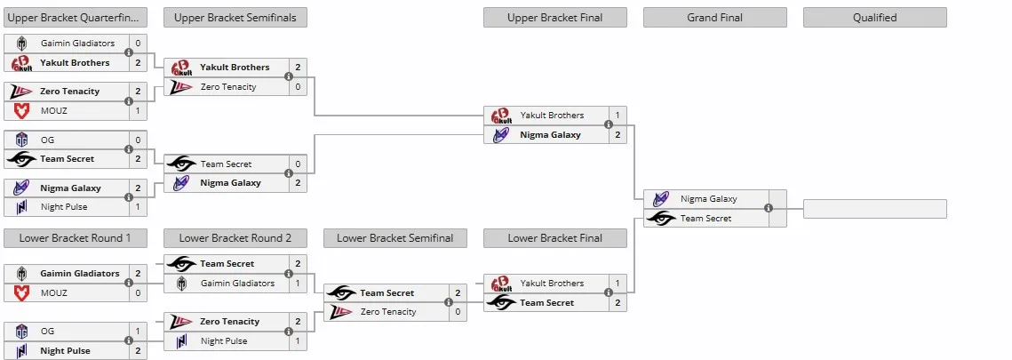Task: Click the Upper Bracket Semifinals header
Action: [x=235, y=18]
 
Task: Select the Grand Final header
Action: [x=714, y=18]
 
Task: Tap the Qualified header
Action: [x=874, y=18]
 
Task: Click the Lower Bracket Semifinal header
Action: [x=395, y=238]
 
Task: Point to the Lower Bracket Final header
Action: [x=555, y=238]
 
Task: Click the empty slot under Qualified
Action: [x=874, y=209]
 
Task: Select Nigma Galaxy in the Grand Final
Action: [x=708, y=199]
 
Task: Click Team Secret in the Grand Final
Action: [x=705, y=219]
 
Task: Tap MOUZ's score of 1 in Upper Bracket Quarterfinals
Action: [x=138, y=111]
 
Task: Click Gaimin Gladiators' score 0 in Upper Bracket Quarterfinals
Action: [x=138, y=44]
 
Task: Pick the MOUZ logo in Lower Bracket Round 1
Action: [x=21, y=293]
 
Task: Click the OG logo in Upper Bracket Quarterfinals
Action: [x=21, y=140]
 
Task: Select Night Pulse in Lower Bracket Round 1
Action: [x=65, y=351]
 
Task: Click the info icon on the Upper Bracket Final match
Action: [x=608, y=125]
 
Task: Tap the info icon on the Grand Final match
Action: [x=768, y=208]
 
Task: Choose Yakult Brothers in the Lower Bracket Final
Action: [x=552, y=284]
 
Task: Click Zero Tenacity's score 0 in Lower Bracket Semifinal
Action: [x=458, y=312]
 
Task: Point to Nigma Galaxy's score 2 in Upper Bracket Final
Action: [x=618, y=135]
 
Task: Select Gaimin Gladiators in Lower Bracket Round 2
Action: [x=237, y=284]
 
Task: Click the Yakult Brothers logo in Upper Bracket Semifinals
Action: [x=181, y=68]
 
